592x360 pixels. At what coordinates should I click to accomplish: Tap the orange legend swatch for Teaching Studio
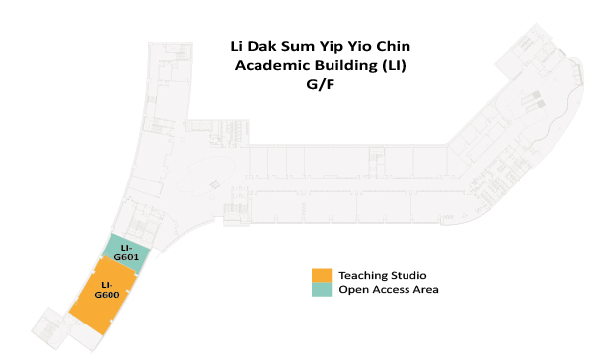coord(321,274)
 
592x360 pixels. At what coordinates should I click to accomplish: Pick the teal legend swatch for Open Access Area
coord(321,289)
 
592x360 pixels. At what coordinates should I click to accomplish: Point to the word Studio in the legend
coord(408,274)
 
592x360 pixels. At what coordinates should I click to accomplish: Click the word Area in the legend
coord(425,290)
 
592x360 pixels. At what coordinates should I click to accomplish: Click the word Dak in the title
coord(265,45)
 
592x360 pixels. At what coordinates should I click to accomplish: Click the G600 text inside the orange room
coord(107,295)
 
